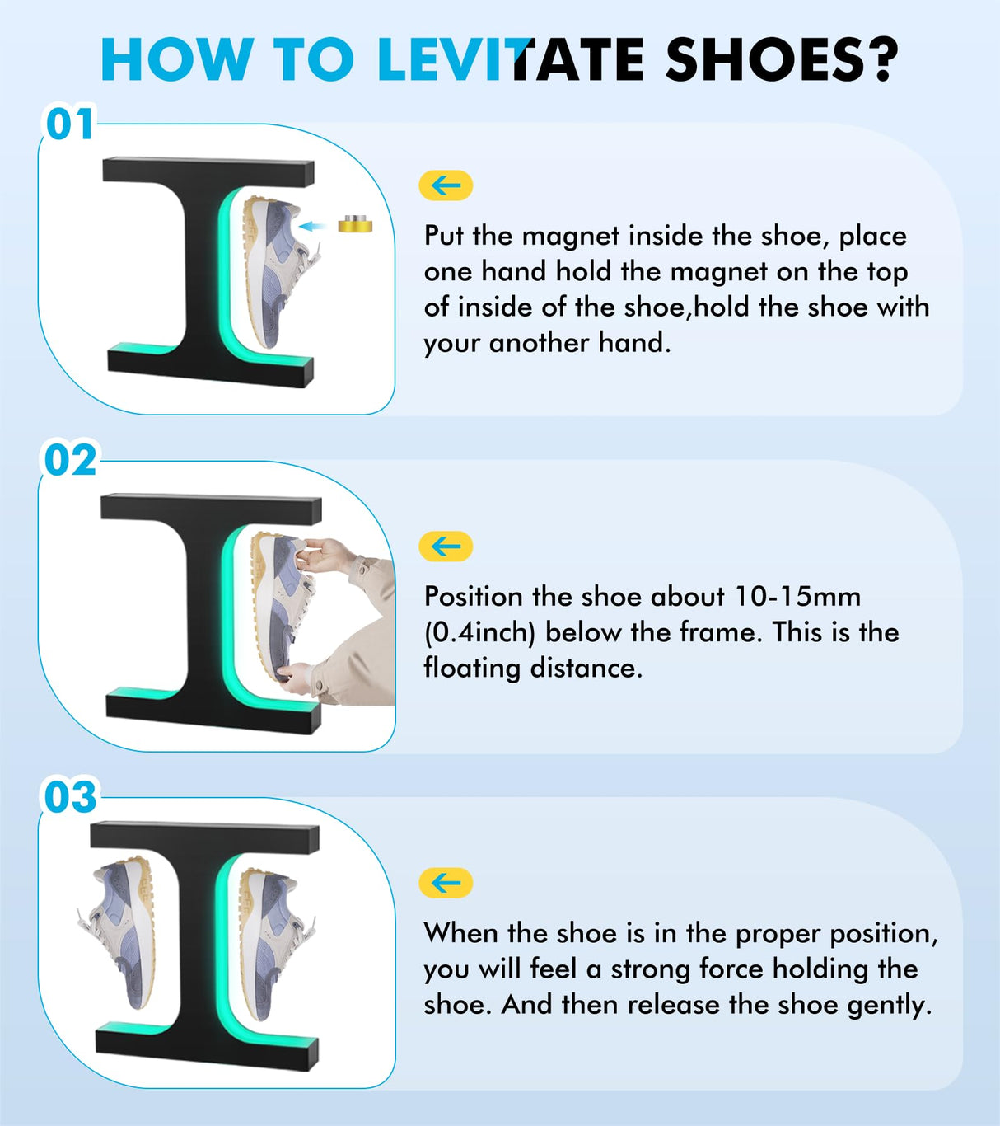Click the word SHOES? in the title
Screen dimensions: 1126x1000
click(781, 59)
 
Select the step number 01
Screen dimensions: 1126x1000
click(69, 124)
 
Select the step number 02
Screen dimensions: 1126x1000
click(69, 460)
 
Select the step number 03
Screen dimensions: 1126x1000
click(69, 797)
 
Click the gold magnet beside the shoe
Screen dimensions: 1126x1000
click(355, 223)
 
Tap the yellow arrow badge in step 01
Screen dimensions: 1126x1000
click(446, 185)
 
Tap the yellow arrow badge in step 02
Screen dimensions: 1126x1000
click(446, 546)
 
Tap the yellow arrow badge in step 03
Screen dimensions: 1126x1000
click(446, 883)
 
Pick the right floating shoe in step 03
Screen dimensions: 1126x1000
click(271, 940)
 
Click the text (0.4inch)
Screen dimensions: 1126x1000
click(479, 632)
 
